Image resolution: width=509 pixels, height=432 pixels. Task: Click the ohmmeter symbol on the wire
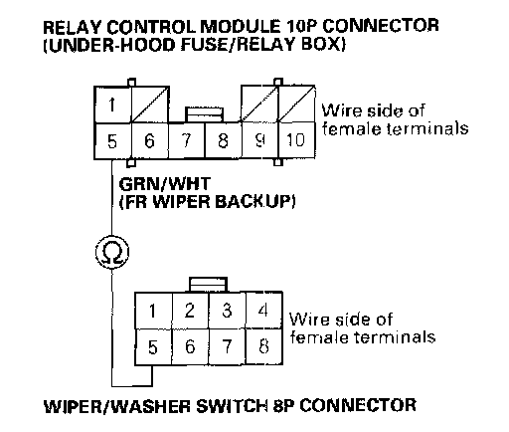coord(111,252)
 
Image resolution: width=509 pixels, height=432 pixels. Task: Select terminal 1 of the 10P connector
coord(112,105)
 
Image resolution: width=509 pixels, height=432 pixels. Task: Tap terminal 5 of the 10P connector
coord(112,141)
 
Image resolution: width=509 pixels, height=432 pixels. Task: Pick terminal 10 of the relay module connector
coord(296,139)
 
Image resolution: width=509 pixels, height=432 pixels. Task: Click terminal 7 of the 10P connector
coord(187,140)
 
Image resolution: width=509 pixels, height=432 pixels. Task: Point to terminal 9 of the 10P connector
coord(259,139)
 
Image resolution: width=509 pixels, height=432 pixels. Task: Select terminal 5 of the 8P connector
coord(153,347)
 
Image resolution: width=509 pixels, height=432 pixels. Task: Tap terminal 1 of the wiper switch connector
coord(153,311)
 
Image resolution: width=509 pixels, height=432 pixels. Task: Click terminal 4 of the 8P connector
coord(263,311)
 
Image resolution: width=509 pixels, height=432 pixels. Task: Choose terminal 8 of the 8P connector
coord(263,346)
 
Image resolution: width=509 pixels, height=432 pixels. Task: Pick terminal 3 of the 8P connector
coord(227,311)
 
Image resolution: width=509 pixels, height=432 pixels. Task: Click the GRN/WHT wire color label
coord(165,184)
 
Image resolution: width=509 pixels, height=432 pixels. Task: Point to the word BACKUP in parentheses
coord(254,201)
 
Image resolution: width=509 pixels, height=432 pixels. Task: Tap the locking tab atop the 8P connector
coord(209,285)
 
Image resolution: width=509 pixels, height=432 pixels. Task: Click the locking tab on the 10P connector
coord(204,114)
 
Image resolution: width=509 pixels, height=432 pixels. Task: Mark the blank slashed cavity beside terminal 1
coord(150,105)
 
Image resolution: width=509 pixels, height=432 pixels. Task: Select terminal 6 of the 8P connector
coord(190,347)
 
